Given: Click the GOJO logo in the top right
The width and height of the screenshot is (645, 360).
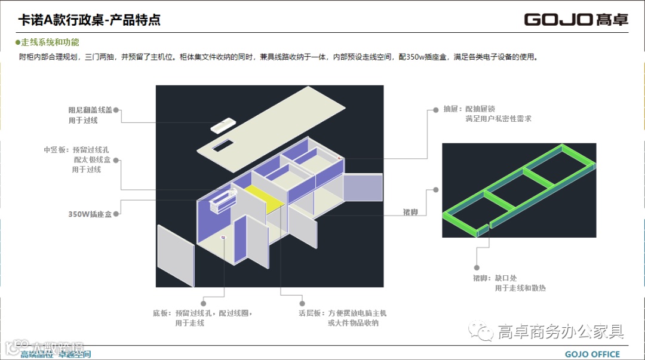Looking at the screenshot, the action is coord(576,19).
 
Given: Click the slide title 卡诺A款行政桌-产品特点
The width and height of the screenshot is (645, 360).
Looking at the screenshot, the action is coord(90,20).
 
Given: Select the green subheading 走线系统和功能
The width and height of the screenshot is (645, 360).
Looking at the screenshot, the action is coord(50,43).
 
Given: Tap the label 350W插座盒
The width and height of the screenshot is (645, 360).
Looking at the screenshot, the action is coord(90,214).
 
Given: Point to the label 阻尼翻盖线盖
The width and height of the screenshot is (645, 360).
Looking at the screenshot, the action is coord(91,110).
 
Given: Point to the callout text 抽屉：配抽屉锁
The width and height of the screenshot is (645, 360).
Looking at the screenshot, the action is coord(469,109).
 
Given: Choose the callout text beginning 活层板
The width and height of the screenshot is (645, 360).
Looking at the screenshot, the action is coord(342,313).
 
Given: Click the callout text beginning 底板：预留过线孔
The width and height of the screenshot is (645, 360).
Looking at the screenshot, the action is coord(203,313).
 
